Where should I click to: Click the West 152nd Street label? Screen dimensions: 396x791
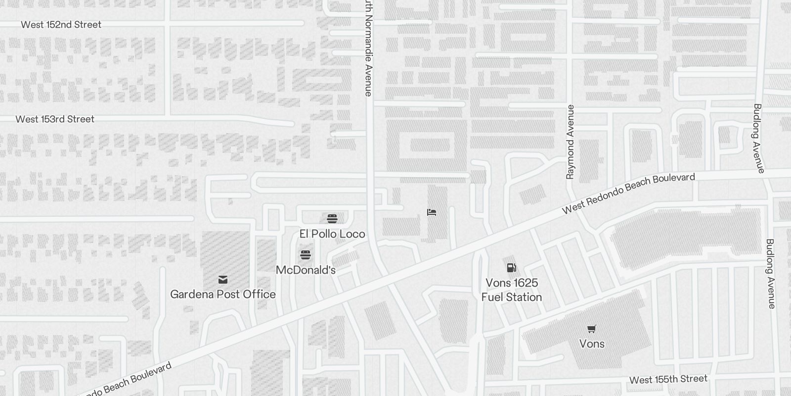[61, 24]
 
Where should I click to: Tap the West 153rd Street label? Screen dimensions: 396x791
[54, 119]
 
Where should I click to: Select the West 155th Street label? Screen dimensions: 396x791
[668, 379]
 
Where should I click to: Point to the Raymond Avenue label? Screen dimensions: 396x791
[571, 142]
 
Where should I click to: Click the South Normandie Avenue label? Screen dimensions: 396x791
[368, 49]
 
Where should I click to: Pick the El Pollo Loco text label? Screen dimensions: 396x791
[332, 234]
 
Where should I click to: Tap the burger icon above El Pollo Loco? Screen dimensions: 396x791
[332, 219]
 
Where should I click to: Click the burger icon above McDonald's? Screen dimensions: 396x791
[306, 255]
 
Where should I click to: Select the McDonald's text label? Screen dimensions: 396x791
[306, 270]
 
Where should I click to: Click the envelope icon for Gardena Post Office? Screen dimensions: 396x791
[223, 280]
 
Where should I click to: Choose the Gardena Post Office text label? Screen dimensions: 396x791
[223, 294]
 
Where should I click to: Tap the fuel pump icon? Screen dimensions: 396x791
[512, 268]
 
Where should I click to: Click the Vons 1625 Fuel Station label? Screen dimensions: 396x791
[512, 290]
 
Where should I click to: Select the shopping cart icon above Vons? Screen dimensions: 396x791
[592, 329]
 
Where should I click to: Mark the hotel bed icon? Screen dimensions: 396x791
[432, 212]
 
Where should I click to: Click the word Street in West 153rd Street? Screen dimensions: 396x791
[81, 119]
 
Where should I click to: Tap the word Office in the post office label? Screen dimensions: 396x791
[259, 294]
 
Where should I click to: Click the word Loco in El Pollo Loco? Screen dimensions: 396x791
[352, 234]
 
